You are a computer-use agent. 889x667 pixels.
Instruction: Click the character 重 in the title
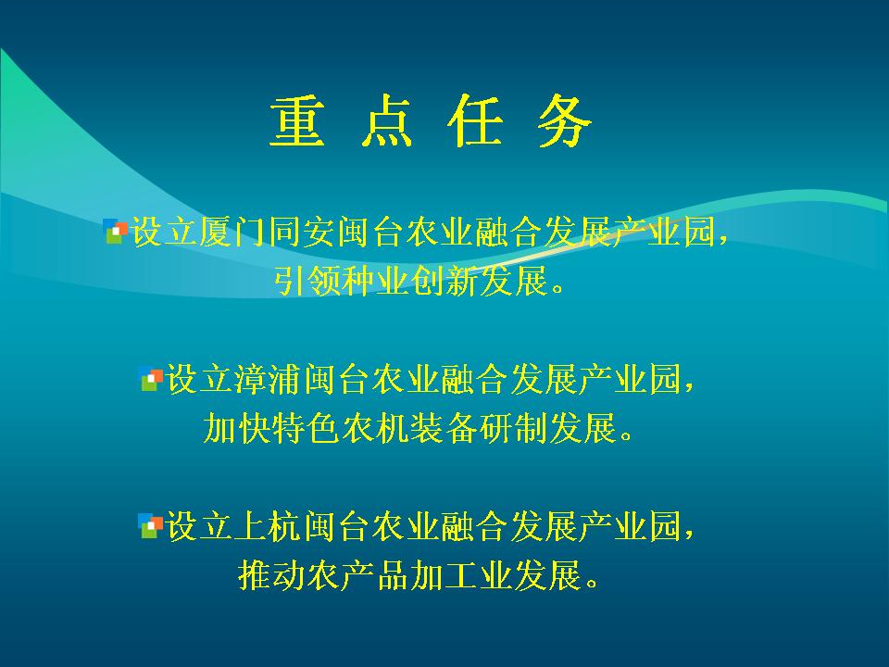(x=297, y=121)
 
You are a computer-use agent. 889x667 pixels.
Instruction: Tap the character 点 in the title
(x=387, y=121)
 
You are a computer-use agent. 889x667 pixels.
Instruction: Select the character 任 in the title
(x=476, y=121)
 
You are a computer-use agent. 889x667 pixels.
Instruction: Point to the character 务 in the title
(x=565, y=121)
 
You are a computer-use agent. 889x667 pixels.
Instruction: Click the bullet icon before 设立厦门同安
(x=116, y=232)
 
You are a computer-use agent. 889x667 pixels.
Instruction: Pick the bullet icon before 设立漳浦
(x=151, y=379)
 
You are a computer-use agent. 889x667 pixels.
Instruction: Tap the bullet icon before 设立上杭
(x=150, y=526)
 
